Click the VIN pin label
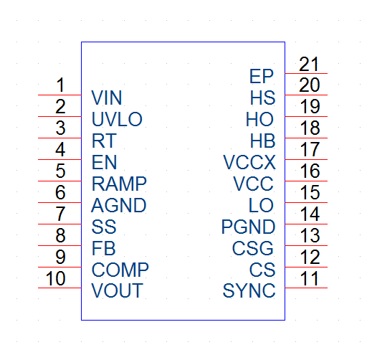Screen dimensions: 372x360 pos(107,98)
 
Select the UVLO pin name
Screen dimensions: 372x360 pos(117,119)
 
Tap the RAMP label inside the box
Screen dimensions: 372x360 pos(119,184)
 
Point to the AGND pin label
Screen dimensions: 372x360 pos(119,205)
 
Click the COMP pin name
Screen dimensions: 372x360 pos(120,270)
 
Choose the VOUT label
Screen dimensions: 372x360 pos(117,290)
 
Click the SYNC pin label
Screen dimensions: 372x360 pos(249,290)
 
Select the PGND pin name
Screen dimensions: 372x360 pos(249,227)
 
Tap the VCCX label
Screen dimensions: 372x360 pos(249,162)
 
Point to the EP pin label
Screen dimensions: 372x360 pos(262,76)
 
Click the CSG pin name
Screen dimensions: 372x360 pos(253,248)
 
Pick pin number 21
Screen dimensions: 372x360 pos(309,64)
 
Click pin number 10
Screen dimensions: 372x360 pos(55,278)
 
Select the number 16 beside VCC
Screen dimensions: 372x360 pos(310,171)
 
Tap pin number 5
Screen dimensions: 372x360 pos(60,171)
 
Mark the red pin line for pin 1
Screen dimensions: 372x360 pos(59,95)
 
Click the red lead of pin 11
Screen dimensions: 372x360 pos(306,288)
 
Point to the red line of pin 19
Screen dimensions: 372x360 pos(306,116)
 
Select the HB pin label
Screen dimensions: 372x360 pos(263,141)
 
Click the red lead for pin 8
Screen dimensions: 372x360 pos(59,245)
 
